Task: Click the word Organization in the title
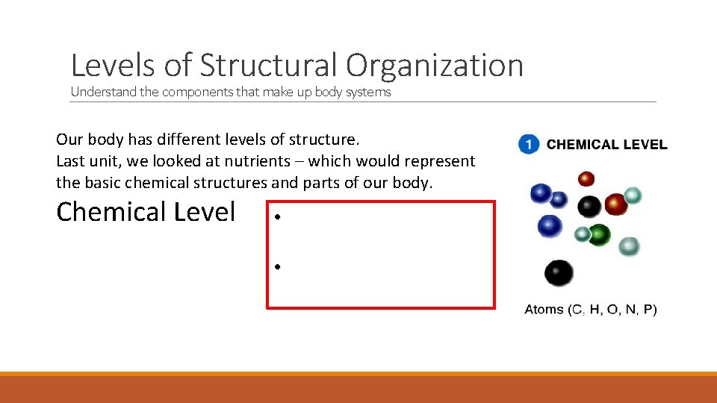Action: tap(434, 66)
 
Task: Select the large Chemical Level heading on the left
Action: tap(146, 212)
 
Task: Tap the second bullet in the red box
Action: tap(276, 266)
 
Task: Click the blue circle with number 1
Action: tap(529, 145)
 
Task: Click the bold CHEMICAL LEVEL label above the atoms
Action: tap(606, 145)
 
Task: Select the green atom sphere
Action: tap(599, 234)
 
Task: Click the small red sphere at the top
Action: tap(586, 178)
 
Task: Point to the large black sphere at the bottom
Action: tap(559, 273)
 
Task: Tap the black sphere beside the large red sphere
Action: tap(589, 205)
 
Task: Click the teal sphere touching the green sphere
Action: tap(583, 234)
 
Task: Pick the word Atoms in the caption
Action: tap(544, 310)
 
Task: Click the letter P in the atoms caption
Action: tap(650, 310)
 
